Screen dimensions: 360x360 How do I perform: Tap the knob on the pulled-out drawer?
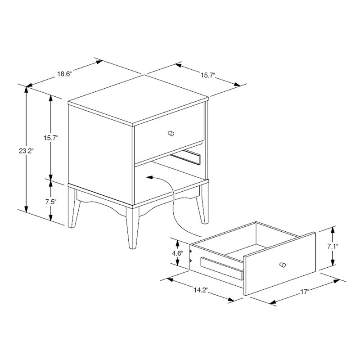click(282, 264)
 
